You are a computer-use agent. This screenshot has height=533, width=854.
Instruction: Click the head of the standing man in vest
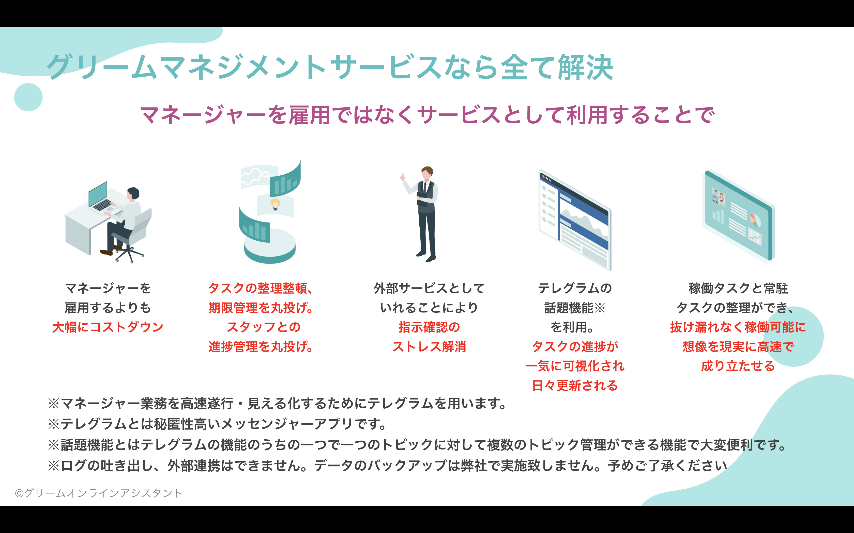coord(427,173)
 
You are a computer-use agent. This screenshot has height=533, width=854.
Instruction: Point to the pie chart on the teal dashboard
coord(754,220)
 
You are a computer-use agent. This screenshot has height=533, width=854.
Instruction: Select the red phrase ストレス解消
coord(429,346)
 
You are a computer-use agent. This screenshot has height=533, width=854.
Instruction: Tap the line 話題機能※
coord(574,308)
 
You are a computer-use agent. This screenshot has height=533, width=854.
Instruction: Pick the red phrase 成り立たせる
coord(738,366)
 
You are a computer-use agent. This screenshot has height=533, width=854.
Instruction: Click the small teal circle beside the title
coord(28,97)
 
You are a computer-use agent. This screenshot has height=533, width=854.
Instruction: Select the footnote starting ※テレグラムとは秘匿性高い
coord(217,424)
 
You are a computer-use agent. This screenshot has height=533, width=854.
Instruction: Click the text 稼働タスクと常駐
coord(738,288)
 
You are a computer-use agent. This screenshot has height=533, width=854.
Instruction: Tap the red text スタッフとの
coord(263,327)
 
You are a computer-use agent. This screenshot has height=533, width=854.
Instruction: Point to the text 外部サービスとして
coord(429,288)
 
